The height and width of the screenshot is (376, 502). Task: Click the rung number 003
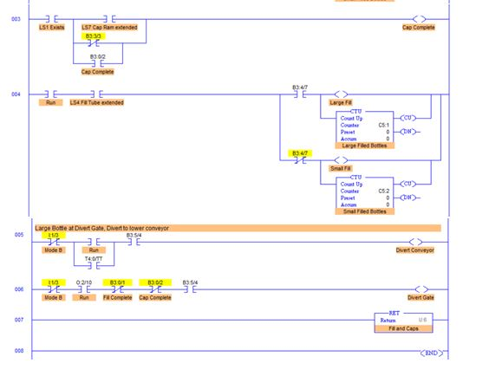16,18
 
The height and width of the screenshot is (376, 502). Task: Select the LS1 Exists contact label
51,28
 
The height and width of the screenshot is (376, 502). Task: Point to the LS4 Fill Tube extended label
97,102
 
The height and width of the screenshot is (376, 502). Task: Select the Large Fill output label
341,102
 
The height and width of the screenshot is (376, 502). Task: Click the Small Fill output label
341,168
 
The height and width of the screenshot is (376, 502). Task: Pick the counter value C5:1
383,125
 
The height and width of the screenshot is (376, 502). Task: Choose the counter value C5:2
383,191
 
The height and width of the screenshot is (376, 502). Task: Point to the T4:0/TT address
94,257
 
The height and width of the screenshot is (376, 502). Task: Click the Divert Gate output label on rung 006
421,297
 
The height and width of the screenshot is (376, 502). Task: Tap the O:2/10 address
84,282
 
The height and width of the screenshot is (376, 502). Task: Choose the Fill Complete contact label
117,297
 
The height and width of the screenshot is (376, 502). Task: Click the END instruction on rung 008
431,353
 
